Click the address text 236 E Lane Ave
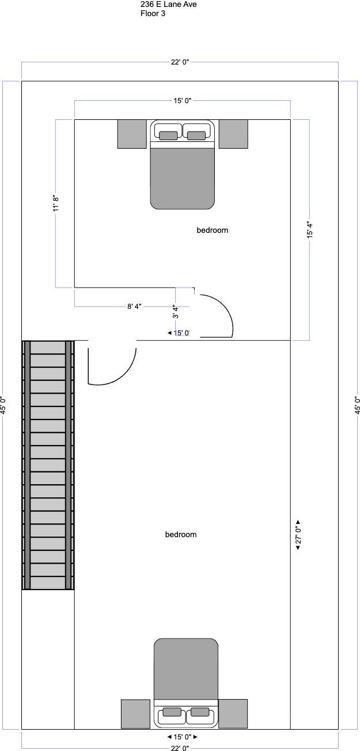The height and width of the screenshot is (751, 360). tap(168, 5)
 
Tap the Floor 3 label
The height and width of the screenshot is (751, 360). tap(153, 13)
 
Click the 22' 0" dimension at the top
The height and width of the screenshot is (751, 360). tap(180, 62)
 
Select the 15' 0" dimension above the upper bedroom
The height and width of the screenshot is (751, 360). tap(183, 101)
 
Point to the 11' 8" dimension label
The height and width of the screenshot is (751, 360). tap(56, 203)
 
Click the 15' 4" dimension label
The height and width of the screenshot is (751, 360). tap(310, 231)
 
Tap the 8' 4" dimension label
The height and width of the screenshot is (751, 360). tap(134, 307)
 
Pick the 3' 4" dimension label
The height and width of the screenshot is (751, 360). tap(175, 311)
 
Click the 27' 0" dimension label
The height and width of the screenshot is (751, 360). tap(298, 534)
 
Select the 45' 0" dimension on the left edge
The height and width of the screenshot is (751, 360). tap(3, 405)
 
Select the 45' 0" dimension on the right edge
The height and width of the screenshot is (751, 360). tap(357, 405)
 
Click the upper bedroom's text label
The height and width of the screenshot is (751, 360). tap(212, 231)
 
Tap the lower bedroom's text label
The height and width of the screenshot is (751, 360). tap(181, 534)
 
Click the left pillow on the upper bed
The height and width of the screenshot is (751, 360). tap(168, 135)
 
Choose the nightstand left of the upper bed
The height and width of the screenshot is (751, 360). tap(132, 134)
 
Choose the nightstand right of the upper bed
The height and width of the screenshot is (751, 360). tap(233, 134)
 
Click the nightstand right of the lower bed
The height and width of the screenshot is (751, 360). tap(233, 714)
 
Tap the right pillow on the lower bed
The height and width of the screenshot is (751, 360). tap(200, 712)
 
